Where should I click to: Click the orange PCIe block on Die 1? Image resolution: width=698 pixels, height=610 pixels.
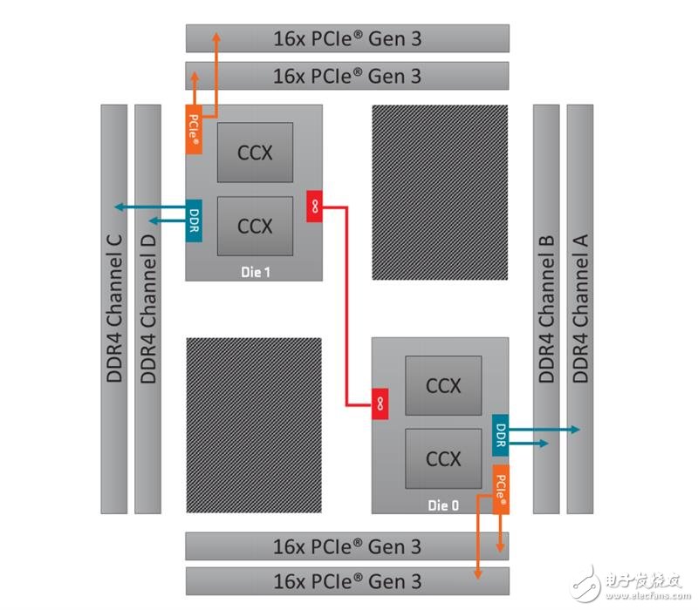(x=194, y=130)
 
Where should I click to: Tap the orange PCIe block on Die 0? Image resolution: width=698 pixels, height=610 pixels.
(x=501, y=490)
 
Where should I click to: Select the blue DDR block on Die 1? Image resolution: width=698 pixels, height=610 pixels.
(x=194, y=220)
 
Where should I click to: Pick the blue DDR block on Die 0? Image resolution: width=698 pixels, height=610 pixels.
(x=500, y=435)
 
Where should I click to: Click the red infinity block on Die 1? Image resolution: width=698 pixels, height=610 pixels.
(x=314, y=207)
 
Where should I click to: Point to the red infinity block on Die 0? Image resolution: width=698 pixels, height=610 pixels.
(x=380, y=403)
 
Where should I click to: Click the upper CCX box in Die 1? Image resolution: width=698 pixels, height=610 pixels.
(x=255, y=152)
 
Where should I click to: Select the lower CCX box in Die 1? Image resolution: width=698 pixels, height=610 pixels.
(x=255, y=227)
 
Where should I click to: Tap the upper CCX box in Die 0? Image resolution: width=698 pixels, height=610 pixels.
(x=443, y=385)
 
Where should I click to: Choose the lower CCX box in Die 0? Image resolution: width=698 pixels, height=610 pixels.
(x=443, y=459)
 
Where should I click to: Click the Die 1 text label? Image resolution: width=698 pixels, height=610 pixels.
(x=256, y=272)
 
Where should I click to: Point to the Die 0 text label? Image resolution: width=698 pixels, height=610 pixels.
(x=443, y=505)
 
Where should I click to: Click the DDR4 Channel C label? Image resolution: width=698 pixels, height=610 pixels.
(x=114, y=308)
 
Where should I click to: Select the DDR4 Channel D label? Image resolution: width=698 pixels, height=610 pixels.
(x=147, y=308)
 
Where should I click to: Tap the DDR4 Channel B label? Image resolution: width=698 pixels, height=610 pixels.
(x=546, y=308)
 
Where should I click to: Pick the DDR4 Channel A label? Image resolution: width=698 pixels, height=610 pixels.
(x=580, y=308)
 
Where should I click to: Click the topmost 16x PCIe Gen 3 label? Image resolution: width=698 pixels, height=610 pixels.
(x=347, y=38)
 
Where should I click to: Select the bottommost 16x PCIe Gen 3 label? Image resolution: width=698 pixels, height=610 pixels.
(x=347, y=581)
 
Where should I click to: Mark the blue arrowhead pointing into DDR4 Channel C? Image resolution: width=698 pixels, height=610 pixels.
(x=120, y=207)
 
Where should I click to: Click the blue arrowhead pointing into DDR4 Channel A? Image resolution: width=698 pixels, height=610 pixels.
(x=575, y=430)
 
